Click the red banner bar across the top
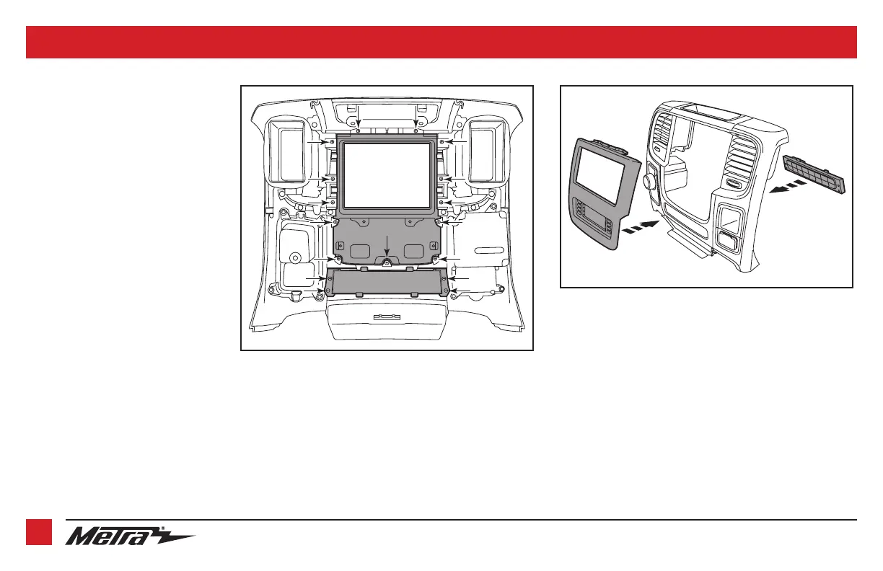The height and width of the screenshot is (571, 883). [441, 42]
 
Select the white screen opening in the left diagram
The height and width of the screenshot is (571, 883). [387, 174]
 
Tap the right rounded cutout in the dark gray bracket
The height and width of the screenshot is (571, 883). [413, 249]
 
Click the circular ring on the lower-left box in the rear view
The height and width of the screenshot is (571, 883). [294, 257]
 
